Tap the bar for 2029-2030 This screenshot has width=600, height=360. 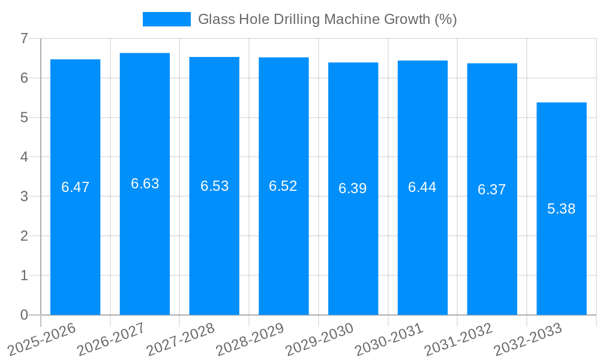[353, 252]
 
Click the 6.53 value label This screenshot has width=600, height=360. [214, 186]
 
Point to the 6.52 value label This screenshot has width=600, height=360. [283, 186]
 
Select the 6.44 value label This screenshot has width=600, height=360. [422, 187]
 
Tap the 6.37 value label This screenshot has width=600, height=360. [491, 190]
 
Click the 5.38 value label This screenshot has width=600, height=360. [561, 209]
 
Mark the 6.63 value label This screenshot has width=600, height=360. [145, 184]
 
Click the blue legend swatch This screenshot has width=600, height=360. [166, 19]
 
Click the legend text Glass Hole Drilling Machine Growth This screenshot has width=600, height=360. [327, 19]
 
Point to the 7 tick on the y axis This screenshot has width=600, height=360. [24, 38]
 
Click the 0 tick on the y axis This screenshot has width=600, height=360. [24, 315]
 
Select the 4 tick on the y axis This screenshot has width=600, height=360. [24, 157]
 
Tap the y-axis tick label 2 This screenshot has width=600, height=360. [24, 236]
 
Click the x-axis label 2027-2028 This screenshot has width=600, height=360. [181, 339]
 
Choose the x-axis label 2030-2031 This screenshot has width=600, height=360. [389, 339]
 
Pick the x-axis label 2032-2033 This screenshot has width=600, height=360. [528, 339]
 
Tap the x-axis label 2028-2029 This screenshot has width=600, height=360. [250, 339]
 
